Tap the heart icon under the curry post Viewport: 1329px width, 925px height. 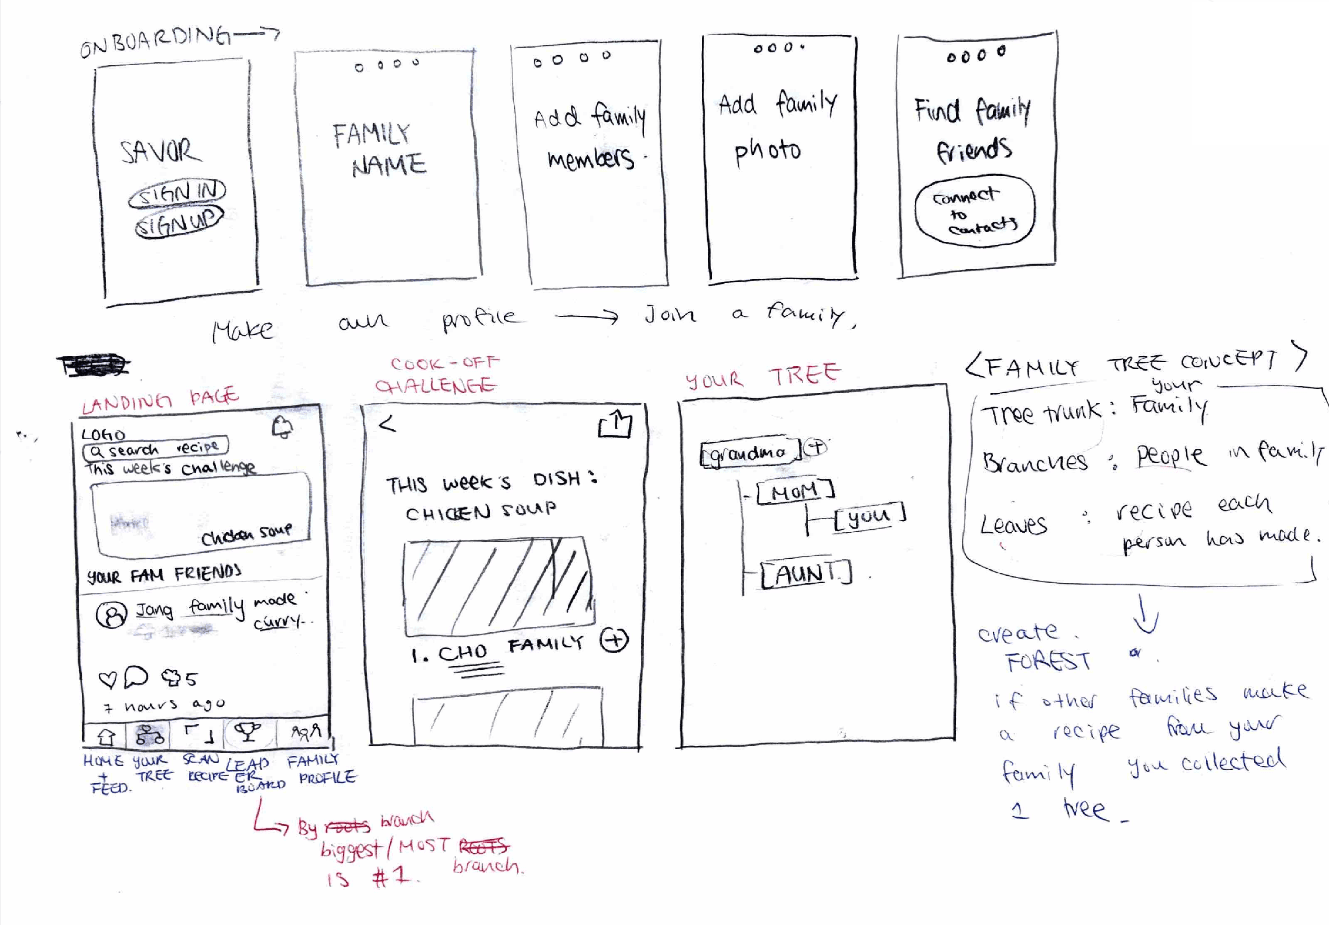point(108,679)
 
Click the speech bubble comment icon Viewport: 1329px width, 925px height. point(136,676)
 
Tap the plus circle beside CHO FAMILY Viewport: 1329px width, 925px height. point(614,640)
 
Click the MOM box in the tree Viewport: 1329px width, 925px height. point(795,492)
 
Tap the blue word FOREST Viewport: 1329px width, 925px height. point(1048,662)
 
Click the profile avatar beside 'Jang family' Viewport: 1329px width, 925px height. point(111,615)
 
